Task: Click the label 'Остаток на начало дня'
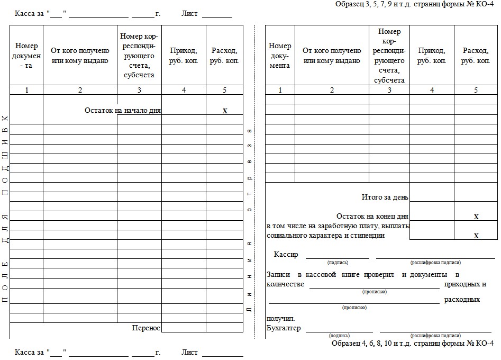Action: point(123,111)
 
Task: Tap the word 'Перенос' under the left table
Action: point(146,328)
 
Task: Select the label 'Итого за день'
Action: point(385,197)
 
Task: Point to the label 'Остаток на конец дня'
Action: point(372,216)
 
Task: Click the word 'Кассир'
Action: point(286,255)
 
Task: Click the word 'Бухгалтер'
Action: point(284,328)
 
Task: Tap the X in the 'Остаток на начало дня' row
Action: point(225,111)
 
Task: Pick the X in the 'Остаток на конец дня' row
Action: point(476,217)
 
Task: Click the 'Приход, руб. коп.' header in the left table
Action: point(184,56)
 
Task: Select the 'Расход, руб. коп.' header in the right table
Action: point(476,56)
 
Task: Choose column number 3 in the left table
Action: point(139,90)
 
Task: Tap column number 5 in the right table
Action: point(476,90)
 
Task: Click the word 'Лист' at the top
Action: point(189,13)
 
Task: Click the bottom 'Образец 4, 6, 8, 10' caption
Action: point(413,343)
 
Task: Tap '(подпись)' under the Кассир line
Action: point(338,263)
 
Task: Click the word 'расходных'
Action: point(462,300)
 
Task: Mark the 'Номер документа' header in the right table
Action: point(280,56)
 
